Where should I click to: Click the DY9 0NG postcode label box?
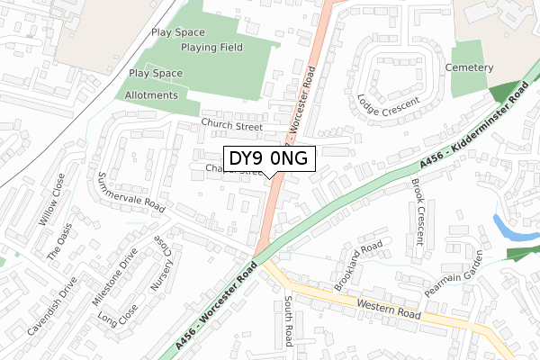coord(269,159)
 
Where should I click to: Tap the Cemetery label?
coord(469,67)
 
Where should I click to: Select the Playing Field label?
coord(211,48)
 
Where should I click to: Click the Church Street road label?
coord(231,127)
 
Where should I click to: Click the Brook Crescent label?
coord(419,211)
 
